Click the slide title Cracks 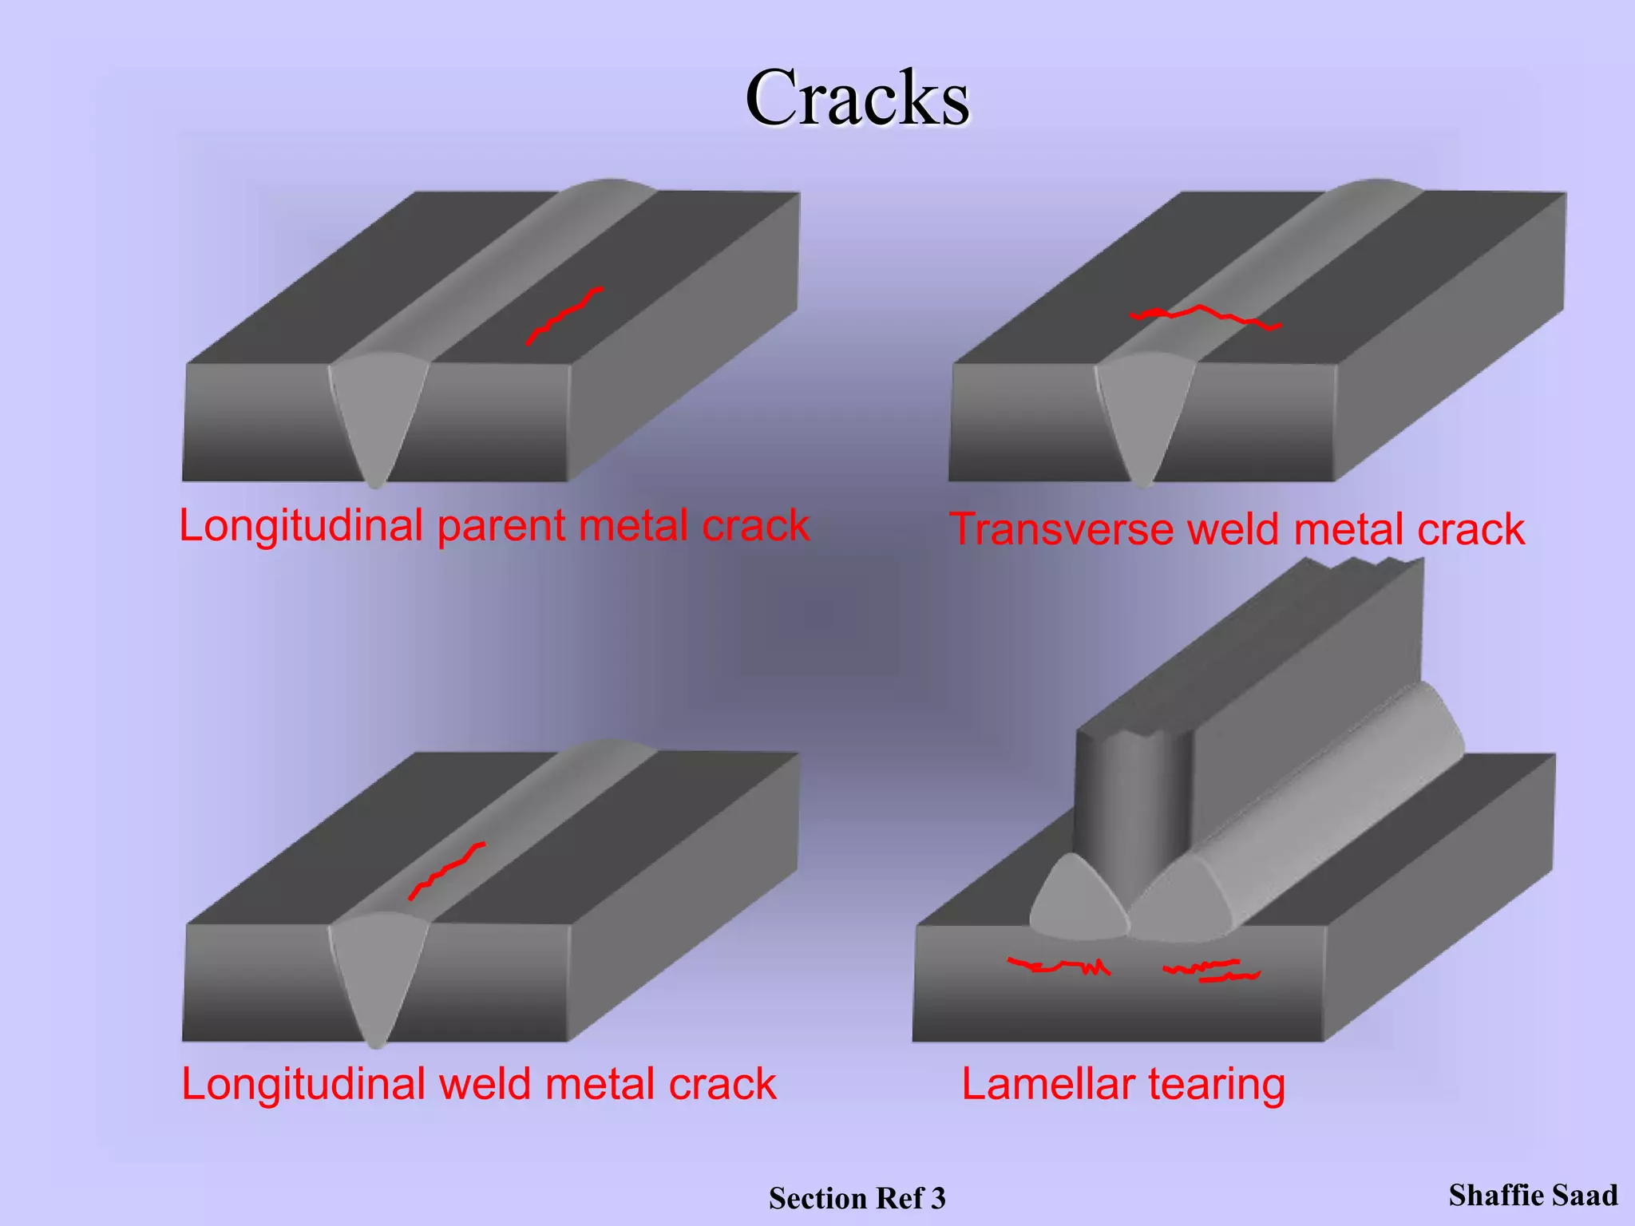[x=857, y=98]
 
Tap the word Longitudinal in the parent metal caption [x=301, y=527]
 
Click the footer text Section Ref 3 [x=857, y=1198]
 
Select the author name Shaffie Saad [x=1533, y=1195]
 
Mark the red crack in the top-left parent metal [x=563, y=314]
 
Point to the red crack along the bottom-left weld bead [x=445, y=871]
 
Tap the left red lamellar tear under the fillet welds [x=1058, y=967]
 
